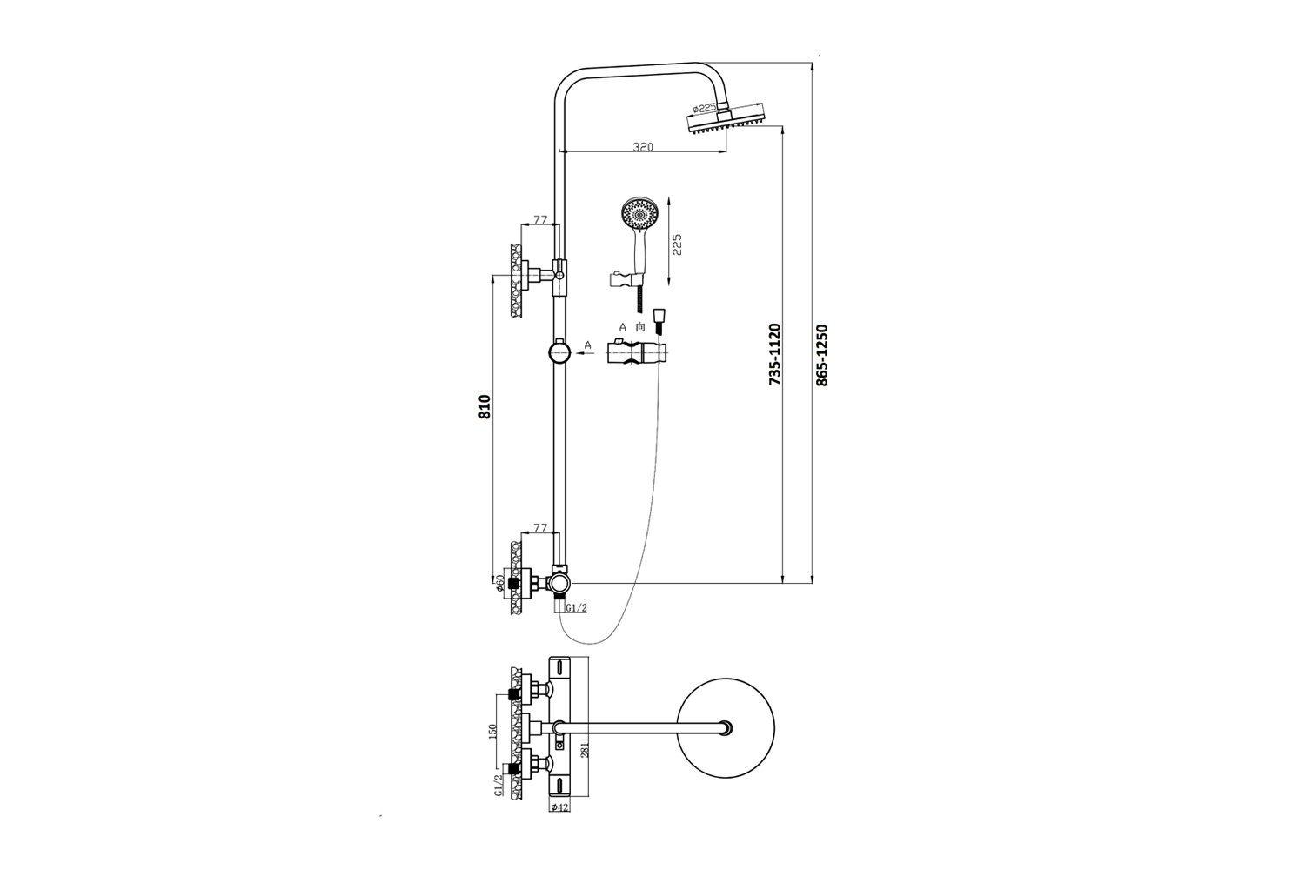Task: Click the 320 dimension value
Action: point(643,146)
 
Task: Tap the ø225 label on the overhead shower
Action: point(705,109)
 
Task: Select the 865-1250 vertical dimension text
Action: point(821,355)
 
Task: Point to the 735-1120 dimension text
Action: point(774,354)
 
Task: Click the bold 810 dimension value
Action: point(485,406)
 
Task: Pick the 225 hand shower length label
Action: point(677,244)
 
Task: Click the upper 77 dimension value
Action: point(540,220)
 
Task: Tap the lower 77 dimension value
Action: point(540,528)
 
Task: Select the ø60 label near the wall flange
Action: point(499,582)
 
